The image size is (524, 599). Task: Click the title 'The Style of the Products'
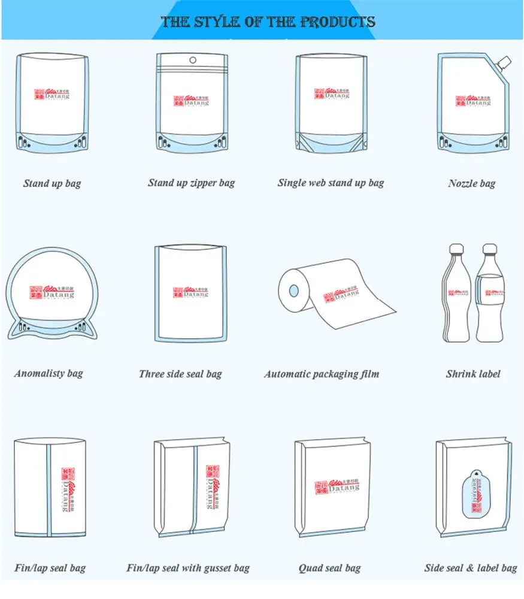pyautogui.click(x=268, y=22)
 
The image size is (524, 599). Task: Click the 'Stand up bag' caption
pyautogui.click(x=52, y=183)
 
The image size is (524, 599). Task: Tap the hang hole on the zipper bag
pyautogui.click(x=192, y=60)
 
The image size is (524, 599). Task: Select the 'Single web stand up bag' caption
pyautogui.click(x=331, y=183)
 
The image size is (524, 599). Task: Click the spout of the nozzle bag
pyautogui.click(x=505, y=62)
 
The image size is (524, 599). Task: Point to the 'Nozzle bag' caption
pyautogui.click(x=472, y=183)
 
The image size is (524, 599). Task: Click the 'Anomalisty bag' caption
pyautogui.click(x=49, y=374)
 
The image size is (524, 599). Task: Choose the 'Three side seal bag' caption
pyautogui.click(x=180, y=374)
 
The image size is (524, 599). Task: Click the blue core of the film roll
pyautogui.click(x=293, y=291)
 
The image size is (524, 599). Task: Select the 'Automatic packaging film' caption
pyautogui.click(x=322, y=374)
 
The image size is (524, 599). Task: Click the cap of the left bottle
pyautogui.click(x=456, y=249)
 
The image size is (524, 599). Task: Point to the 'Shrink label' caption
pyautogui.click(x=472, y=374)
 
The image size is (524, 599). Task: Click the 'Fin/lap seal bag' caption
pyautogui.click(x=50, y=568)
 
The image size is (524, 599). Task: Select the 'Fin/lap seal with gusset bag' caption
pyautogui.click(x=188, y=568)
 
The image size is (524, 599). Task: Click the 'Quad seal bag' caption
pyautogui.click(x=330, y=568)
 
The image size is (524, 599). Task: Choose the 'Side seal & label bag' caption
pyautogui.click(x=471, y=568)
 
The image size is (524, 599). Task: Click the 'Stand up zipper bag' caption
pyautogui.click(x=192, y=183)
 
